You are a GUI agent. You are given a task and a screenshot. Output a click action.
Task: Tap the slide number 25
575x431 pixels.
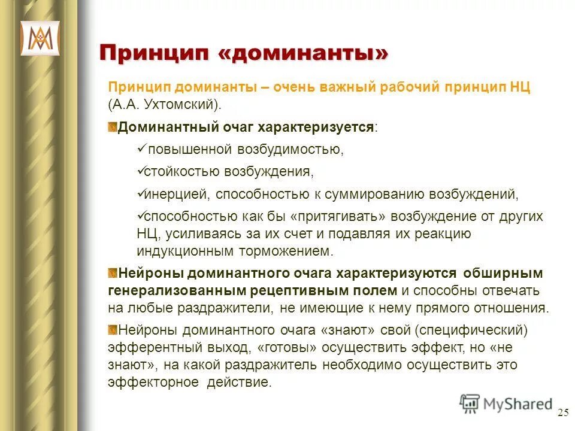563,412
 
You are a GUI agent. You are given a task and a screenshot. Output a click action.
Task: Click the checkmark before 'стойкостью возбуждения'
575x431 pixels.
141,171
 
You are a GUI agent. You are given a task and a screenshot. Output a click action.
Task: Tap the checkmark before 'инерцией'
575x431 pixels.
141,194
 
